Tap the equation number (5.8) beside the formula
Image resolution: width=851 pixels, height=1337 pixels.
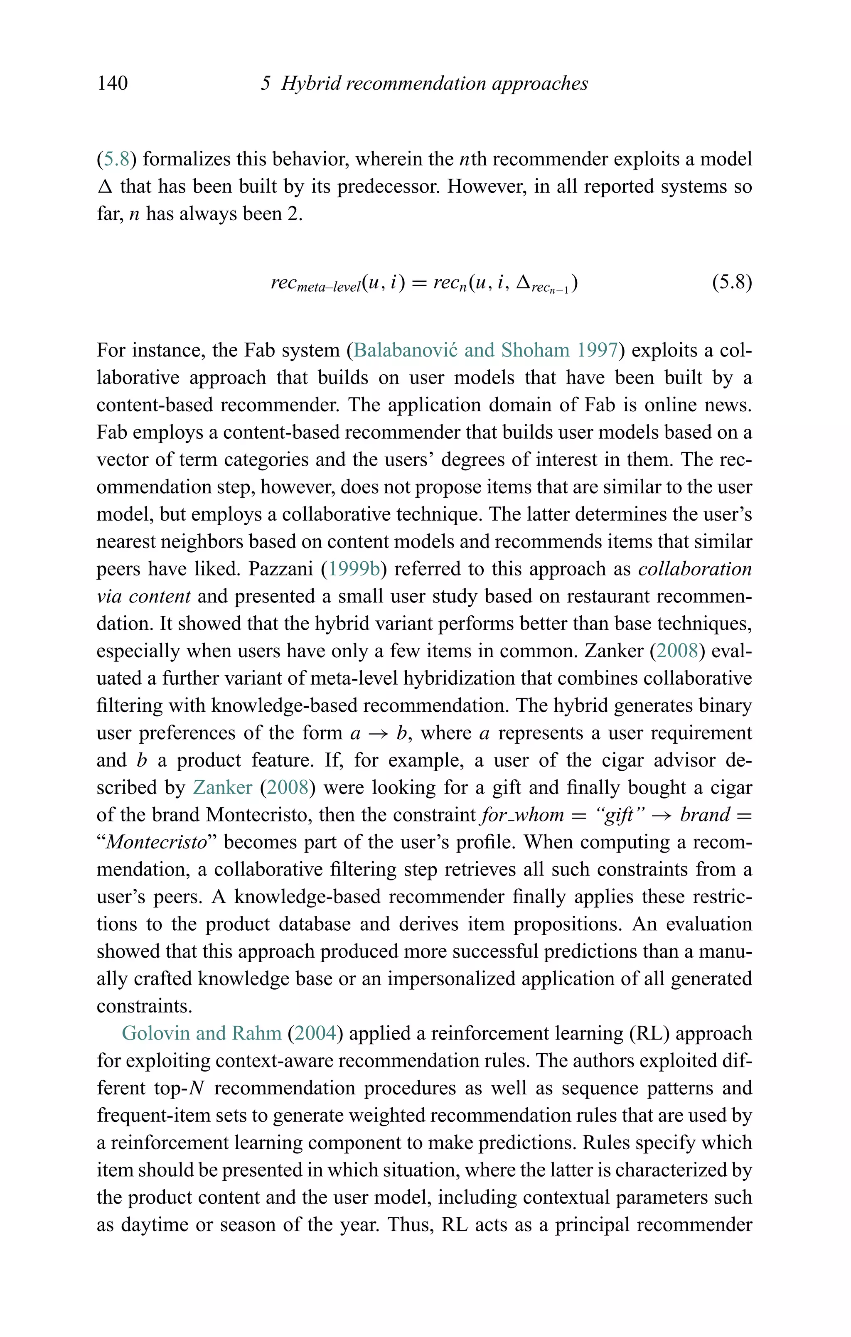coord(732,283)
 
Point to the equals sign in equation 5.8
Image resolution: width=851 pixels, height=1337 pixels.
coord(419,283)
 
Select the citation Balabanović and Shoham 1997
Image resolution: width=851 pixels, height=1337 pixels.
coord(485,350)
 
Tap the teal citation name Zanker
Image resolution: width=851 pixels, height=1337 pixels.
coord(222,788)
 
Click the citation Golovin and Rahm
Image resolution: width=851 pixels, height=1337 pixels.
coord(202,1033)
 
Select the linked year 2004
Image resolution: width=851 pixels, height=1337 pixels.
coord(315,1033)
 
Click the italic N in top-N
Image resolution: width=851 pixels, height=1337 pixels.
coord(197,1088)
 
